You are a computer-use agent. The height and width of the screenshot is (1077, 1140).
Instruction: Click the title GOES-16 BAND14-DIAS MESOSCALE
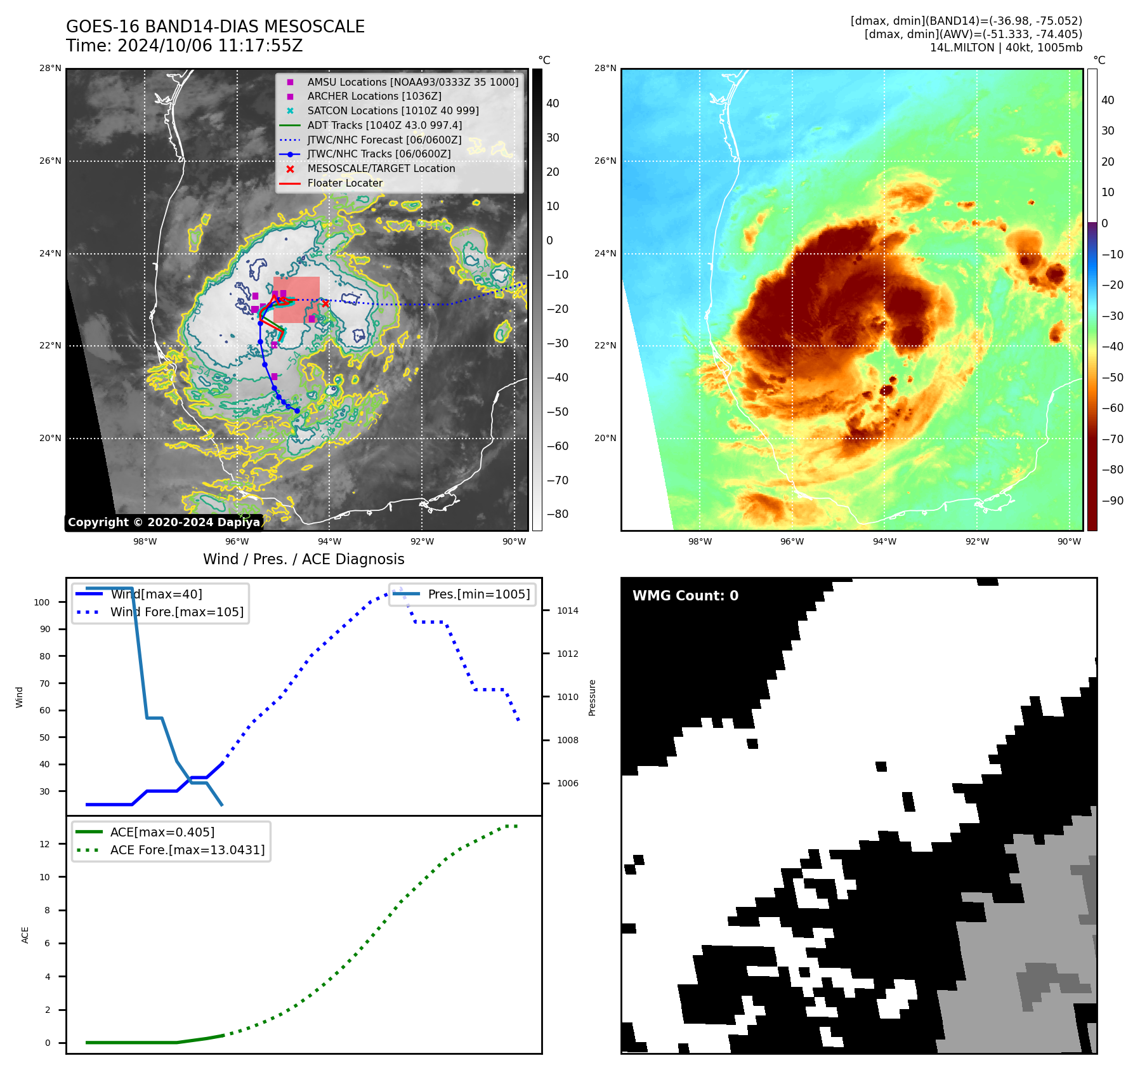coord(215,27)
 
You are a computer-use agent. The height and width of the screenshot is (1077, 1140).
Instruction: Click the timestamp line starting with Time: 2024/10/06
coord(184,46)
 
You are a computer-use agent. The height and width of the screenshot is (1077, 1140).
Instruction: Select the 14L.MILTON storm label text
coord(1006,48)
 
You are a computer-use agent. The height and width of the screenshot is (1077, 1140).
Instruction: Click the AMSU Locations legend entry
coord(412,82)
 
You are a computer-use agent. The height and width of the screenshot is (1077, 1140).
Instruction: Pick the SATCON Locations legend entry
coord(393,110)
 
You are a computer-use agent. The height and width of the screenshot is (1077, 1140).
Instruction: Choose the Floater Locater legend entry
coord(344,183)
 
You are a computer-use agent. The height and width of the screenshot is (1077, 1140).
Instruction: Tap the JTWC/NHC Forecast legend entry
coord(384,140)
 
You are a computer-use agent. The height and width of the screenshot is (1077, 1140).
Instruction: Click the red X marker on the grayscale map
coord(325,303)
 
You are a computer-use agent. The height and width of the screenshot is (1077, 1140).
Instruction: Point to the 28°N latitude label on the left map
coord(51,68)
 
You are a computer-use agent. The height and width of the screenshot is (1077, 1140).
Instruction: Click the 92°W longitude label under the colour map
coord(977,541)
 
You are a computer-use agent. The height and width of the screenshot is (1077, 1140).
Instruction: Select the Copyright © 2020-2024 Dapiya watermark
coord(164,522)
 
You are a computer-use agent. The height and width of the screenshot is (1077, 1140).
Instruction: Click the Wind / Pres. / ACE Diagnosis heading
coord(303,559)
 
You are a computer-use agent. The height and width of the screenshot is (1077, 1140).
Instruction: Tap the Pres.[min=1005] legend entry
coord(478,594)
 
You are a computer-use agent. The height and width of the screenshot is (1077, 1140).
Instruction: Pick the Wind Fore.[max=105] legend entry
coord(176,612)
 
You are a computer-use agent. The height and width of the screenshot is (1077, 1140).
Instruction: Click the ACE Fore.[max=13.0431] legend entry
coord(187,849)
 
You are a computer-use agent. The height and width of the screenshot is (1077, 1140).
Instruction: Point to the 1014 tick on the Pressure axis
coord(567,611)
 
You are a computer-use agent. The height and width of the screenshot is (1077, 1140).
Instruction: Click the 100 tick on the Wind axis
coord(42,602)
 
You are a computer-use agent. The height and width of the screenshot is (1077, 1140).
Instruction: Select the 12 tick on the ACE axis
coord(45,844)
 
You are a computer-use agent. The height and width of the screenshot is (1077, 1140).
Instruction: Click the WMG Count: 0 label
coord(685,595)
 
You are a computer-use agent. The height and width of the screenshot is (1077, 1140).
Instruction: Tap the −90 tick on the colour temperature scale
coord(1112,501)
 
